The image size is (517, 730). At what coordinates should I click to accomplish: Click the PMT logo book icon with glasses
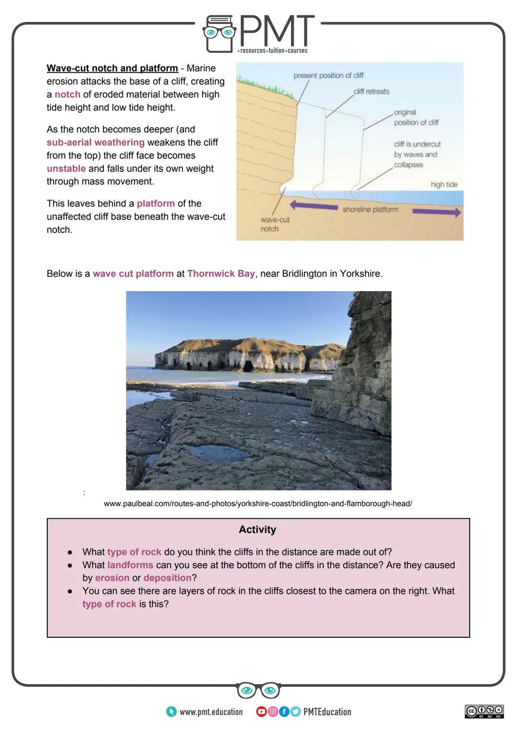point(219,34)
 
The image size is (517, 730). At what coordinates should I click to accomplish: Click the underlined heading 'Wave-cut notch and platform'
point(112,68)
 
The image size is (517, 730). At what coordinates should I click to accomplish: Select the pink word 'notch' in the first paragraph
point(67,95)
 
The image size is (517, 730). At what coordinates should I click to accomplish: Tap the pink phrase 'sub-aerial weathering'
point(95,142)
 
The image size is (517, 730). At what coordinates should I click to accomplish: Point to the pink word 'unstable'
point(66,169)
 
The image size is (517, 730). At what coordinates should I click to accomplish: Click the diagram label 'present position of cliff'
point(328,76)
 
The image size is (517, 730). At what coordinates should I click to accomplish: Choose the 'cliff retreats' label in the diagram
point(371,91)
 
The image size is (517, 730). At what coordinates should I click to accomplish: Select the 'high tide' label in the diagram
point(444,185)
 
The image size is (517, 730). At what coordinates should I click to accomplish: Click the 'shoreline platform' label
point(370,209)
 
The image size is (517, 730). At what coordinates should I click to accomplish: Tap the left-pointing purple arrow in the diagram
point(314,206)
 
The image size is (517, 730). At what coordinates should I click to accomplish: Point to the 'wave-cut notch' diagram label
point(274,224)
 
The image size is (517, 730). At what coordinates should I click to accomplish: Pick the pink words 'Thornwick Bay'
point(221,274)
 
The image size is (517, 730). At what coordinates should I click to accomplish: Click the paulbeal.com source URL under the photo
point(258,503)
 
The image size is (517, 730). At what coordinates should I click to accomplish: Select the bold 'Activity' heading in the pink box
point(258,530)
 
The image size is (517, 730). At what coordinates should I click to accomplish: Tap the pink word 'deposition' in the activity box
point(168,578)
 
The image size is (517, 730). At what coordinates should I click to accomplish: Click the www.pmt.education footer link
point(211,712)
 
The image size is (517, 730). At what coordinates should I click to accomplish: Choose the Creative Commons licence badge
point(484,711)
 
